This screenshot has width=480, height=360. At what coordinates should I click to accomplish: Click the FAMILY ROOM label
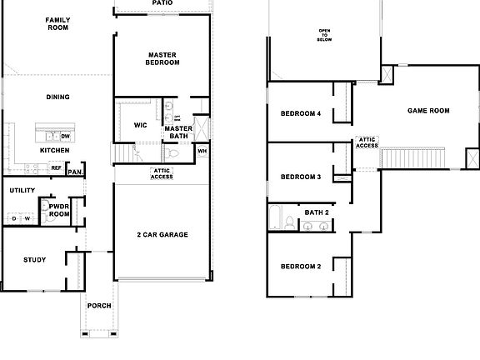tap(57, 23)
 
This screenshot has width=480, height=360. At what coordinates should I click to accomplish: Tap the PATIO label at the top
tap(162, 3)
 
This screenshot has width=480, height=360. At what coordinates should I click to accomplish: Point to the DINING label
tap(57, 97)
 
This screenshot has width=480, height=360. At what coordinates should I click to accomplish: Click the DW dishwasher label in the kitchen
tap(66, 135)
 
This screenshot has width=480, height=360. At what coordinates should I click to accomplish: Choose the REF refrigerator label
tap(56, 167)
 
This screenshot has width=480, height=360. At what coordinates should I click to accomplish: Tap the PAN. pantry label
tap(75, 172)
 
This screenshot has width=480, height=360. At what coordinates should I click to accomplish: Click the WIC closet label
tap(141, 125)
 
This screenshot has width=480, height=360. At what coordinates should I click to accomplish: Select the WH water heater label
tap(202, 151)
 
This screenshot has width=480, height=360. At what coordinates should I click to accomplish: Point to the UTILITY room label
tap(22, 190)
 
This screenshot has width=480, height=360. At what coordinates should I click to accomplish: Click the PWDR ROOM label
tap(59, 209)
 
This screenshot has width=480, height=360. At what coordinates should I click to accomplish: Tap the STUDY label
tap(34, 260)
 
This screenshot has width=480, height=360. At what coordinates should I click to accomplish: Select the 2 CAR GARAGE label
tap(162, 235)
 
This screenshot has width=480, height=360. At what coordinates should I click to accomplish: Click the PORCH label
tap(99, 305)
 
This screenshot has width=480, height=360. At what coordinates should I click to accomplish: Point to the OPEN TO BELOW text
tap(323, 35)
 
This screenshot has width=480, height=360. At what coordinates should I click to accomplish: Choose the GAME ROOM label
tap(428, 110)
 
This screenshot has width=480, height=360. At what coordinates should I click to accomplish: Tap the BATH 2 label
tap(316, 212)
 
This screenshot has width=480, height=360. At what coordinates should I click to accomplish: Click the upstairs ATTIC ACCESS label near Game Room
tap(367, 142)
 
